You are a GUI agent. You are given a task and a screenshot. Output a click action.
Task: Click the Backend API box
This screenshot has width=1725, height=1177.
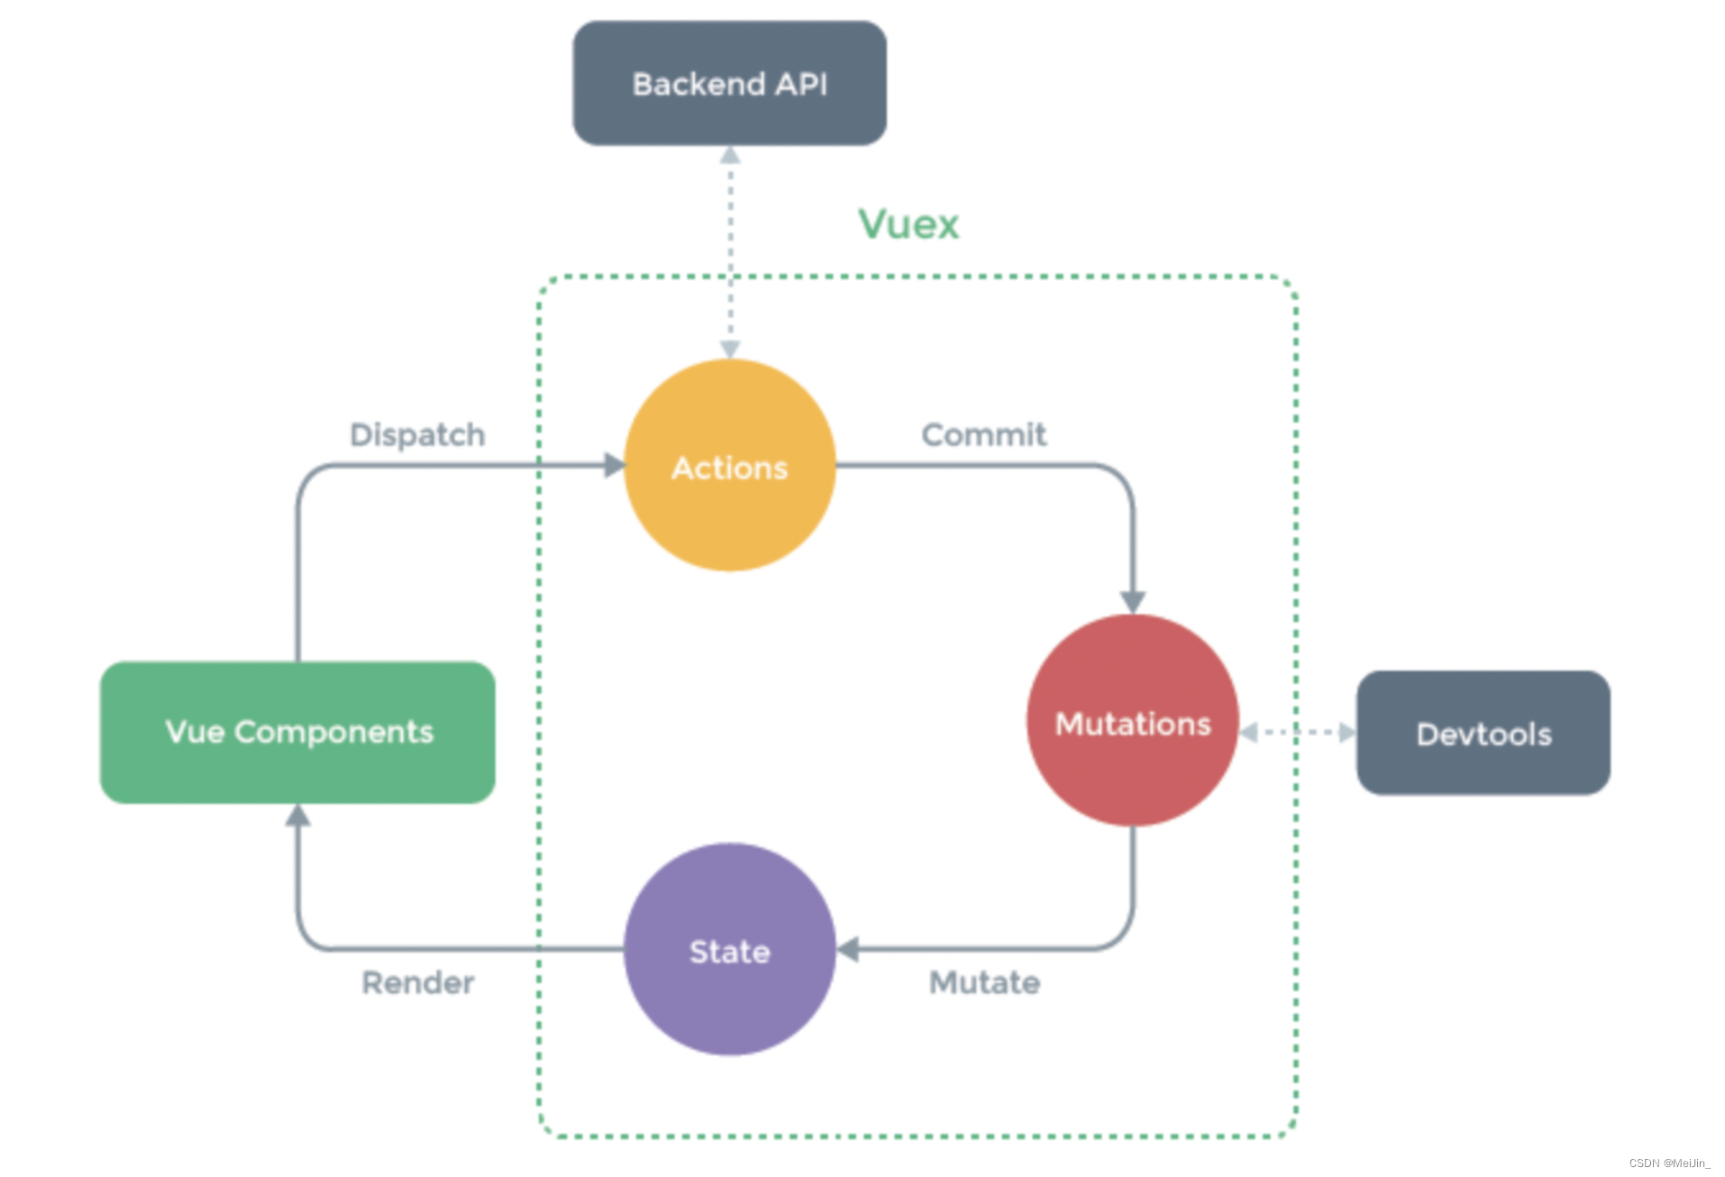729,83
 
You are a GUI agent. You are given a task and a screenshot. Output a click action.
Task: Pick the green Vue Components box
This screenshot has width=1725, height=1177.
297,732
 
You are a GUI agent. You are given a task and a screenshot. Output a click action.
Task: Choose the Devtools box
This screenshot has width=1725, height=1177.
1483,733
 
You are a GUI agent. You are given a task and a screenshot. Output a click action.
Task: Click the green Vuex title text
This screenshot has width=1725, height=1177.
908,224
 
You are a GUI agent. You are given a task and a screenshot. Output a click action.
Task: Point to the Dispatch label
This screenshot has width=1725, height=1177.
417,434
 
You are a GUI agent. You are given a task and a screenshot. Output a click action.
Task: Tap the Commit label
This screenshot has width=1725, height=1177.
983,434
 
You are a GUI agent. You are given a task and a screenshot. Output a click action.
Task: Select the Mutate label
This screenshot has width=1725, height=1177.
984,981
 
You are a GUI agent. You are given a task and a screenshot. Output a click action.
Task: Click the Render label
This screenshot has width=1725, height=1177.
417,981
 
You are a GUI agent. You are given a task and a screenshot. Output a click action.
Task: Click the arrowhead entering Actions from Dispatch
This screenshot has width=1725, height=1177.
615,465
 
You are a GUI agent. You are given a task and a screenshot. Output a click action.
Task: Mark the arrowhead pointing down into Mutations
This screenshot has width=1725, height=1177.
1132,602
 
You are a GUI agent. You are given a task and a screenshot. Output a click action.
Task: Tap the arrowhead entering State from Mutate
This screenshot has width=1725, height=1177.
847,949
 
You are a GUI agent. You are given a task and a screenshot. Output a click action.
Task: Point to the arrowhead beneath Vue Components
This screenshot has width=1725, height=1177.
297,815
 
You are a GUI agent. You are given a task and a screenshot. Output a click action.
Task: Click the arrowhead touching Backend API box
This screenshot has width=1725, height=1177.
730,156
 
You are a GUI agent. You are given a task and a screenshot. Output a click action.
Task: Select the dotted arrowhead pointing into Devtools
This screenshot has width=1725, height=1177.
1346,733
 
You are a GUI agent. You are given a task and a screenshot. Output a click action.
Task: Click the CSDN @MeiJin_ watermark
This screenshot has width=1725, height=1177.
1668,1163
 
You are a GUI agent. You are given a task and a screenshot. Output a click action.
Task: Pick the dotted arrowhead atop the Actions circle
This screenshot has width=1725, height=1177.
730,349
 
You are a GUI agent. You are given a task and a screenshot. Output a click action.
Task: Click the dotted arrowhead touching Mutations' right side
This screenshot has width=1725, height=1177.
1249,733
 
